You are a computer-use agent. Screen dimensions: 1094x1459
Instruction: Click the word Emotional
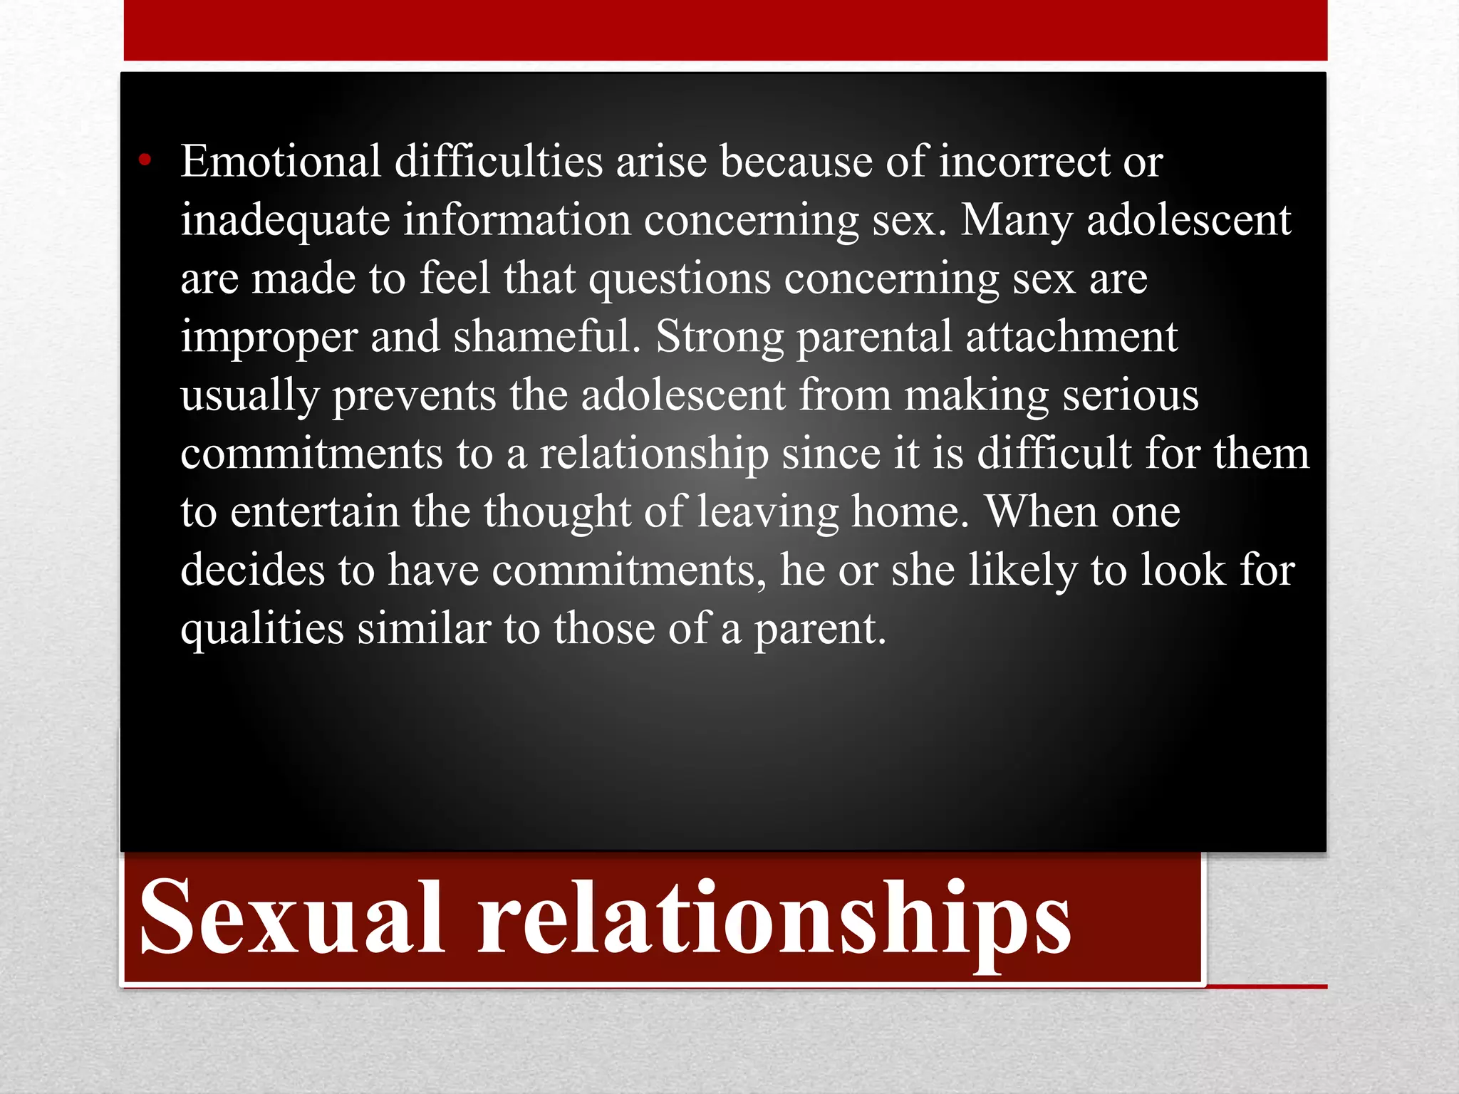tap(281, 161)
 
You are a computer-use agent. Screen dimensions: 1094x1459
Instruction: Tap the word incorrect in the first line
tap(1024, 161)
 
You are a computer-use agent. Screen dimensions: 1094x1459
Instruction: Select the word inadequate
tap(285, 221)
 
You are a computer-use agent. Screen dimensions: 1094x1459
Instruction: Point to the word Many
tap(1017, 221)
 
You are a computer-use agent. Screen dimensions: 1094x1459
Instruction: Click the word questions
tap(680, 279)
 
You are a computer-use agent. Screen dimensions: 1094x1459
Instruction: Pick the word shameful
tap(547, 336)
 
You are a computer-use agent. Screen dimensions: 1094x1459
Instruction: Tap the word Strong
tap(720, 338)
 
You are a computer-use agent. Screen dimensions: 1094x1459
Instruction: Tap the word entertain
tap(314, 512)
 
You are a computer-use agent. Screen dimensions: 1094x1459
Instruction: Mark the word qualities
tap(262, 630)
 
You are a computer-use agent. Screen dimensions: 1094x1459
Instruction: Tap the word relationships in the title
tap(774, 919)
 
